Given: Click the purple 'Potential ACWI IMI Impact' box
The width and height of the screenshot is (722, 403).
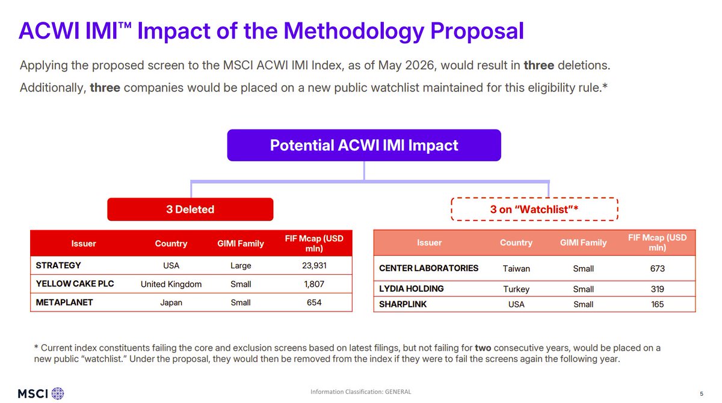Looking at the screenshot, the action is [x=364, y=146].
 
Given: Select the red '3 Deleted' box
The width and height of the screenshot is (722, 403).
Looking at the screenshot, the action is [x=190, y=209].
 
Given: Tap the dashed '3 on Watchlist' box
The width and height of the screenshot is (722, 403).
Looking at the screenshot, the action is [x=534, y=209].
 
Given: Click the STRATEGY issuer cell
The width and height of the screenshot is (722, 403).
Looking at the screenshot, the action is [x=58, y=265].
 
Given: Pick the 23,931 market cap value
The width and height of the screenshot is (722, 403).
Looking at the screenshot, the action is [x=314, y=265].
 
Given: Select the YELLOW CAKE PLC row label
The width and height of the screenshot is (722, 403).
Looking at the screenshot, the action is [x=75, y=284].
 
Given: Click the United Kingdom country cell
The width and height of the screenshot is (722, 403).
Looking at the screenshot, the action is [x=171, y=284].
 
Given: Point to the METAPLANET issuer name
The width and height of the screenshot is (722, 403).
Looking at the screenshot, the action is [x=64, y=303].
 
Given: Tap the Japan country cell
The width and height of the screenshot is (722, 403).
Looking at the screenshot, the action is [x=171, y=303].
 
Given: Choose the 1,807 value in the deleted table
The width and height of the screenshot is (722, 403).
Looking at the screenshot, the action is [x=314, y=284].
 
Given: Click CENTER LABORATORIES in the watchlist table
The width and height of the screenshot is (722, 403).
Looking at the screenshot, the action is [x=428, y=268].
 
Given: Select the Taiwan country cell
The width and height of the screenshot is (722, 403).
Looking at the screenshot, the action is [x=516, y=269].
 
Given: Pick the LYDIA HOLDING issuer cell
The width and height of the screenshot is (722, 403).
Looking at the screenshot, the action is [x=412, y=289].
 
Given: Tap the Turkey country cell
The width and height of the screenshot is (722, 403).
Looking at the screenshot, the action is [x=516, y=289].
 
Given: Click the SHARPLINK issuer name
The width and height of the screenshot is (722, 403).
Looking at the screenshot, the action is [x=403, y=304].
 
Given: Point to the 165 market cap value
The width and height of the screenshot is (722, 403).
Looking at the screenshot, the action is [x=657, y=304].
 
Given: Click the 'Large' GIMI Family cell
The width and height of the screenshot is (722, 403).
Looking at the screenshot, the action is [x=241, y=266].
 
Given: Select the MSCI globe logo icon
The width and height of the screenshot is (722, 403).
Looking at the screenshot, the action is [x=58, y=393].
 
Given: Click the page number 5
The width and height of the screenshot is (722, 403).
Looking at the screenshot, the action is [x=702, y=393].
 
